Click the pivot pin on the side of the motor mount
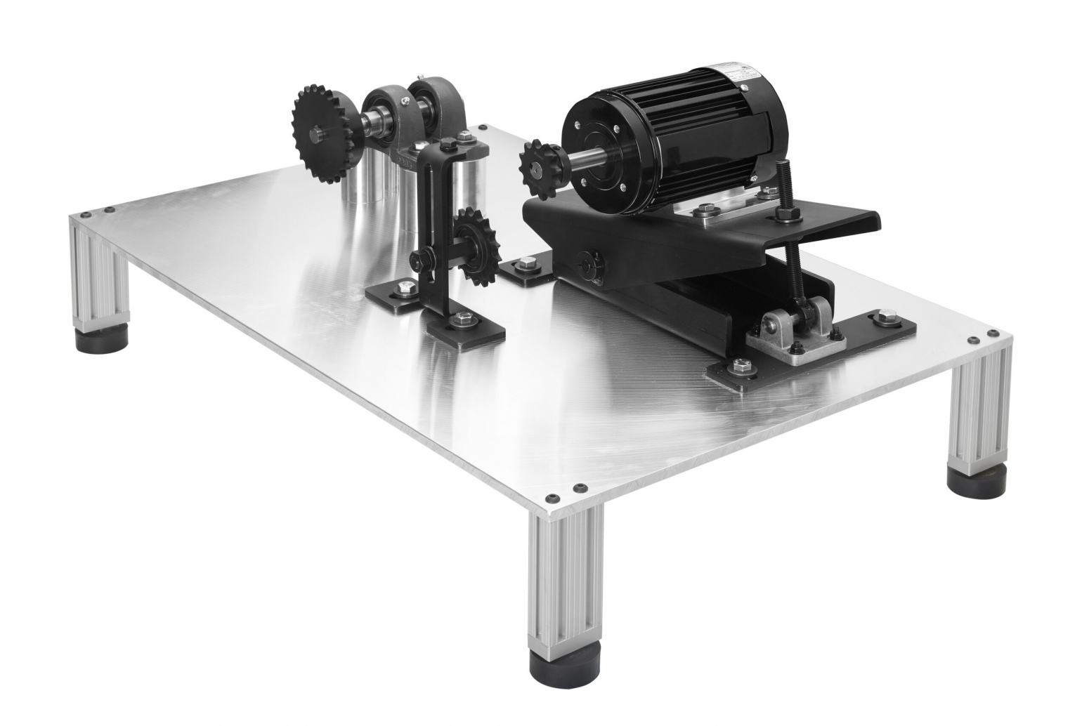point(584,265)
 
